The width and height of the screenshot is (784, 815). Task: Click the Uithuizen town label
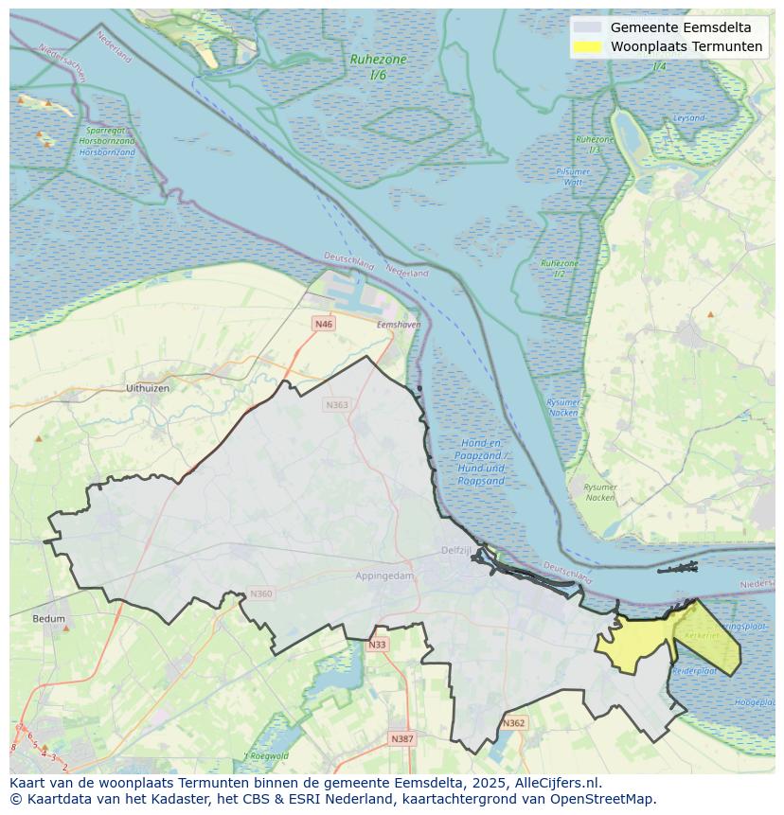[148, 388]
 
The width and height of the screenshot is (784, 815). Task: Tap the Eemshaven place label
[398, 325]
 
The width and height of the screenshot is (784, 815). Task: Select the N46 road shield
[324, 324]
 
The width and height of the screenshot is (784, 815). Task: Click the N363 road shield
[336, 405]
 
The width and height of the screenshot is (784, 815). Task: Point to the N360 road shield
[260, 594]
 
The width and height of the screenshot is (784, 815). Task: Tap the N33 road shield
[378, 645]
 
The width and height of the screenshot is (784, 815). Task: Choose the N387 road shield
[402, 738]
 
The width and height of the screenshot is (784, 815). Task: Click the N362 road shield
[513, 723]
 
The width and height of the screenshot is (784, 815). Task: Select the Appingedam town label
[384, 576]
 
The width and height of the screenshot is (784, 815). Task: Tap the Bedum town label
[49, 619]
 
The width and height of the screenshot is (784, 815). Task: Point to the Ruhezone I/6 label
[378, 66]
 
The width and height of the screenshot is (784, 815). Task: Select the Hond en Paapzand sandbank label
[481, 462]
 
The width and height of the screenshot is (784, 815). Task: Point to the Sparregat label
[106, 131]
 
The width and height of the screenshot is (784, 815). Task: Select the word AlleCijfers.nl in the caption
[558, 783]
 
